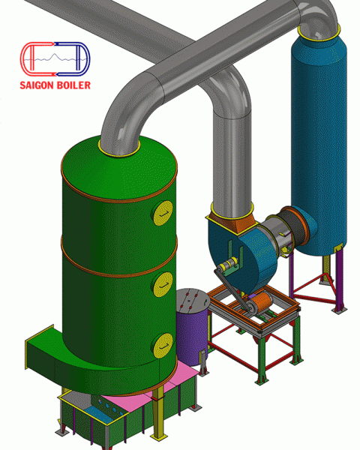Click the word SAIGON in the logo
(x=36, y=85)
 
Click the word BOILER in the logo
(x=73, y=85)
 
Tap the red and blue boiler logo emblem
(x=55, y=59)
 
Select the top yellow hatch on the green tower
(x=163, y=213)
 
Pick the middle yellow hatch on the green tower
(x=163, y=284)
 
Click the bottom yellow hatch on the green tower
(x=163, y=345)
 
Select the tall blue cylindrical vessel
(x=319, y=138)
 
